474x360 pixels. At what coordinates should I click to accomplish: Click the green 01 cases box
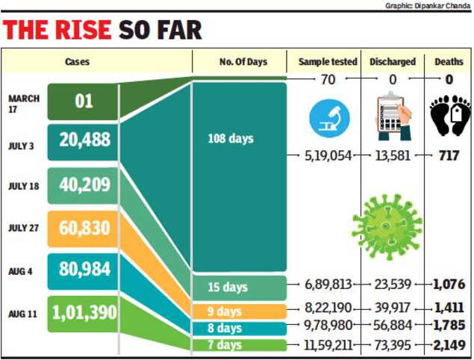[84, 101]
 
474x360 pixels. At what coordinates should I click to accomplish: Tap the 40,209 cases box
[84, 185]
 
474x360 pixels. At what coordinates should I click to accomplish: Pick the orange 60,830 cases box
[84, 229]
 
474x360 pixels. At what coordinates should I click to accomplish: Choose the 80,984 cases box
[84, 270]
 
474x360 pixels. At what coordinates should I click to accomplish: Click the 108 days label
[231, 139]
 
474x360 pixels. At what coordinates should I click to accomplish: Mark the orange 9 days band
[239, 311]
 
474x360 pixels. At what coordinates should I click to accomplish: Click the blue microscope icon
[328, 116]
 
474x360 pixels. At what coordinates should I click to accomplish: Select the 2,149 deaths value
[449, 344]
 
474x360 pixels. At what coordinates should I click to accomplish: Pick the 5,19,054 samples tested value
[328, 156]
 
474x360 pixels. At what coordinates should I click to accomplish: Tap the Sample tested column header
[328, 62]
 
